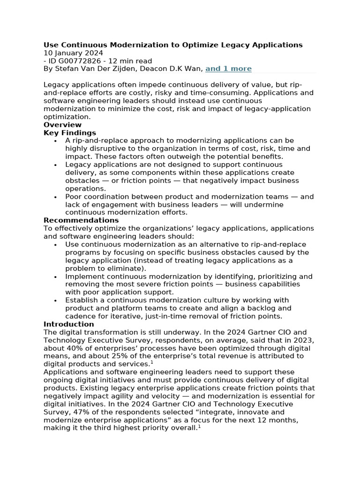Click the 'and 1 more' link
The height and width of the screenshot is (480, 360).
point(228,69)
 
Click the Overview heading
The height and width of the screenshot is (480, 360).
point(62,125)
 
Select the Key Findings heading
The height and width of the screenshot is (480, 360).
point(70,133)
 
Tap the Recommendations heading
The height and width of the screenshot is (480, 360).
point(81,220)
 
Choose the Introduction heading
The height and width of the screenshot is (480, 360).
point(69,324)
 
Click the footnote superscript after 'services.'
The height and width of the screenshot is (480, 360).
point(151,362)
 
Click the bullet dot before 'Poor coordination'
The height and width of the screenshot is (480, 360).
point(55,197)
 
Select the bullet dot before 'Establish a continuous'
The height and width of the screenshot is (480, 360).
point(55,300)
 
